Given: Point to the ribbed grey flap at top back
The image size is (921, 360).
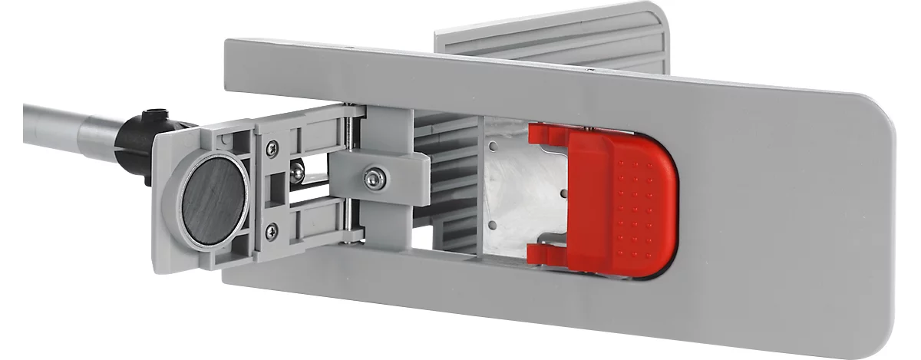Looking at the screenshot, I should click(x=553, y=38).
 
